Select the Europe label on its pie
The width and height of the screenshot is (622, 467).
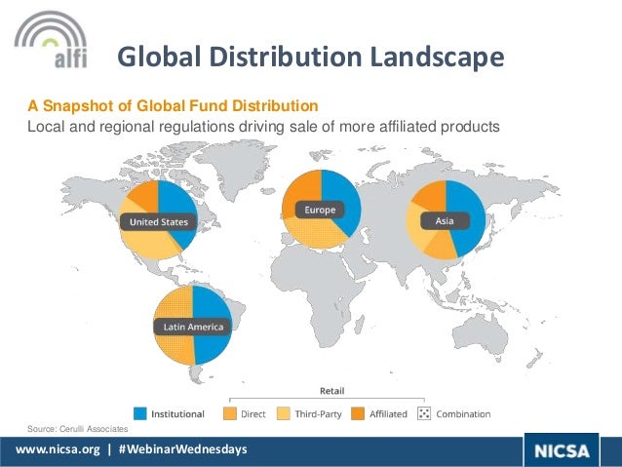coord(320,210)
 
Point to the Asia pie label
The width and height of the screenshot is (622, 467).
coord(445,221)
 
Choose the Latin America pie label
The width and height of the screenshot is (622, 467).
coord(192,327)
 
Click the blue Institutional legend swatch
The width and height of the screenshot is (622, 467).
coord(140,413)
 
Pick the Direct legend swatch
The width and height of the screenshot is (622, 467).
coord(230,413)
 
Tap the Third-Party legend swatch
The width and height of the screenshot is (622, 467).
coord(285,413)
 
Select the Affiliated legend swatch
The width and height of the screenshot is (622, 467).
coord(359,413)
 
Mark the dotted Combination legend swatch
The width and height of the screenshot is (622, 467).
coord(424,413)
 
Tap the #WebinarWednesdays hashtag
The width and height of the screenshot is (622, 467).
coord(185,449)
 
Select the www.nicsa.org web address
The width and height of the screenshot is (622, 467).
coord(53,449)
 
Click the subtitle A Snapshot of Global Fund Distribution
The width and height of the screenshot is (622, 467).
coord(172,105)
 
